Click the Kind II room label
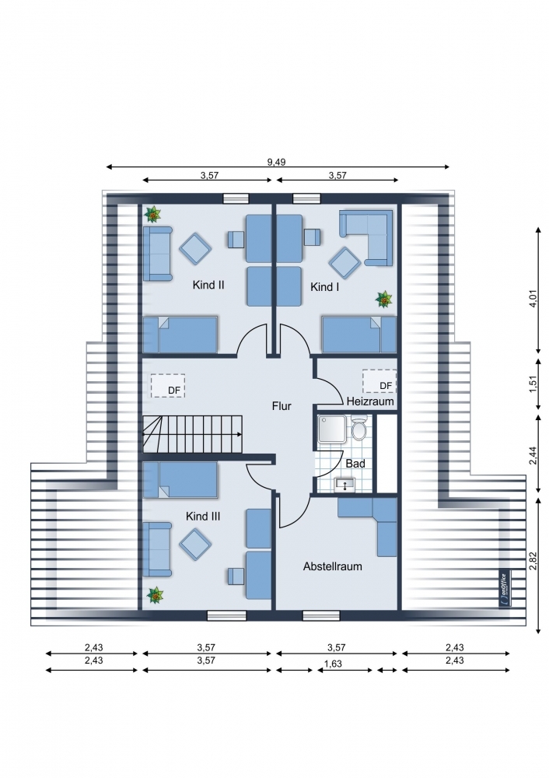coord(208,285)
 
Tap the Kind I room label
coord(325,287)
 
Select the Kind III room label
coord(203,516)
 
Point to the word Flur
coord(281,406)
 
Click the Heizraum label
coord(370,401)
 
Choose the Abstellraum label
coord(332,566)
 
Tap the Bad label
coord(355,464)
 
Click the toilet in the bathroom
coord(358,428)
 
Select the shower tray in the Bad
coord(334,429)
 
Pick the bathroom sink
coord(344,483)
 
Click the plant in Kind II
coord(152,215)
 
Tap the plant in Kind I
coord(384,300)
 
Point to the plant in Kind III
coord(156,595)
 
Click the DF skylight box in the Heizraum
coord(379,381)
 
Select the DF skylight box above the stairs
coord(168,386)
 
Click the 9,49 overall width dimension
coord(277,163)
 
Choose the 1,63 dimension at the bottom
coord(334,664)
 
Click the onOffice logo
coord(504,588)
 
